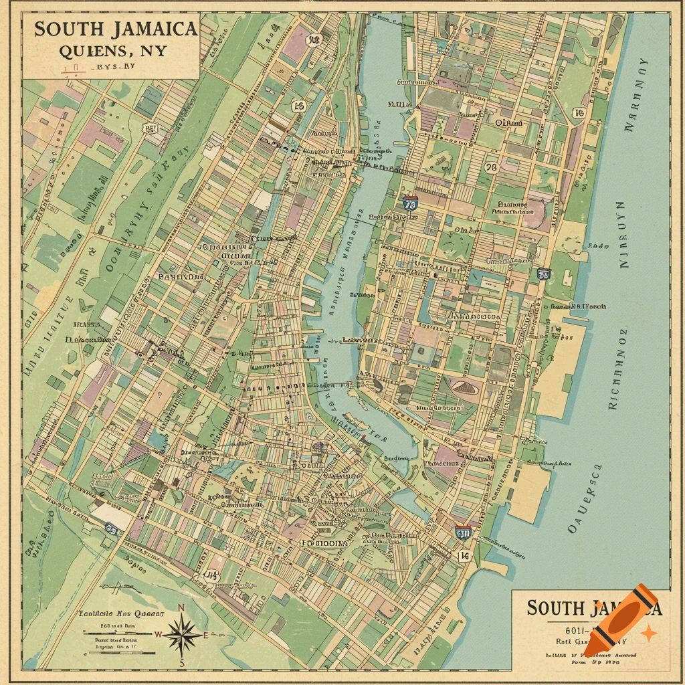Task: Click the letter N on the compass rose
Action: (x=181, y=608)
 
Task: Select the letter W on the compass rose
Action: (x=158, y=634)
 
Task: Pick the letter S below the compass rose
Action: (x=182, y=662)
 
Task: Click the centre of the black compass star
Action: (x=181, y=634)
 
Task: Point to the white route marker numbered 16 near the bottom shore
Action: (x=464, y=556)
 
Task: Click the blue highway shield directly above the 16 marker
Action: (x=462, y=532)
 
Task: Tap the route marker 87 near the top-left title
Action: (x=151, y=128)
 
